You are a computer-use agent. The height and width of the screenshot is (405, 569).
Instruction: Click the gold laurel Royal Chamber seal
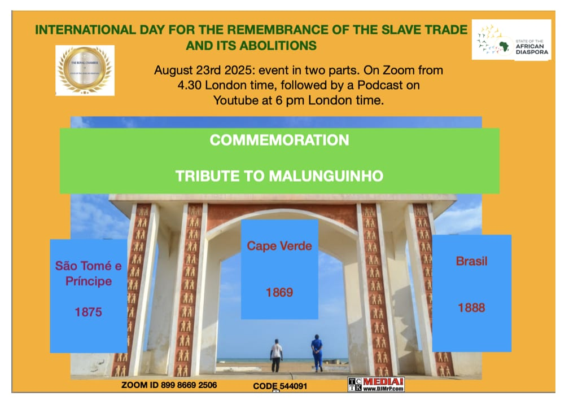point(85,71)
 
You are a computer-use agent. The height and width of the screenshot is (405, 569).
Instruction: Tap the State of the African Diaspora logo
point(511,40)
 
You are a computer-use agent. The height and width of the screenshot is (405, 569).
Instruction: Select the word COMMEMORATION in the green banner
point(279,140)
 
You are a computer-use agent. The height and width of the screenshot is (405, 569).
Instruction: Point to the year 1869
point(279,292)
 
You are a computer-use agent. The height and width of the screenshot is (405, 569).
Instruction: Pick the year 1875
point(88,311)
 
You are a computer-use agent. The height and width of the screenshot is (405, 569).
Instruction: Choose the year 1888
point(471,308)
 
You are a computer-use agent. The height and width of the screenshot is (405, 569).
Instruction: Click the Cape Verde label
point(279,246)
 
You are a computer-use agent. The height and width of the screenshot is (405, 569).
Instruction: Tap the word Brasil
point(471,262)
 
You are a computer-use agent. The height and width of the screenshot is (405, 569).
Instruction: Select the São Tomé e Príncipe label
point(88,273)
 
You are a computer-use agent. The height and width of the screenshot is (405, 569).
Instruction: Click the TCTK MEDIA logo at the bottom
point(375,385)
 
